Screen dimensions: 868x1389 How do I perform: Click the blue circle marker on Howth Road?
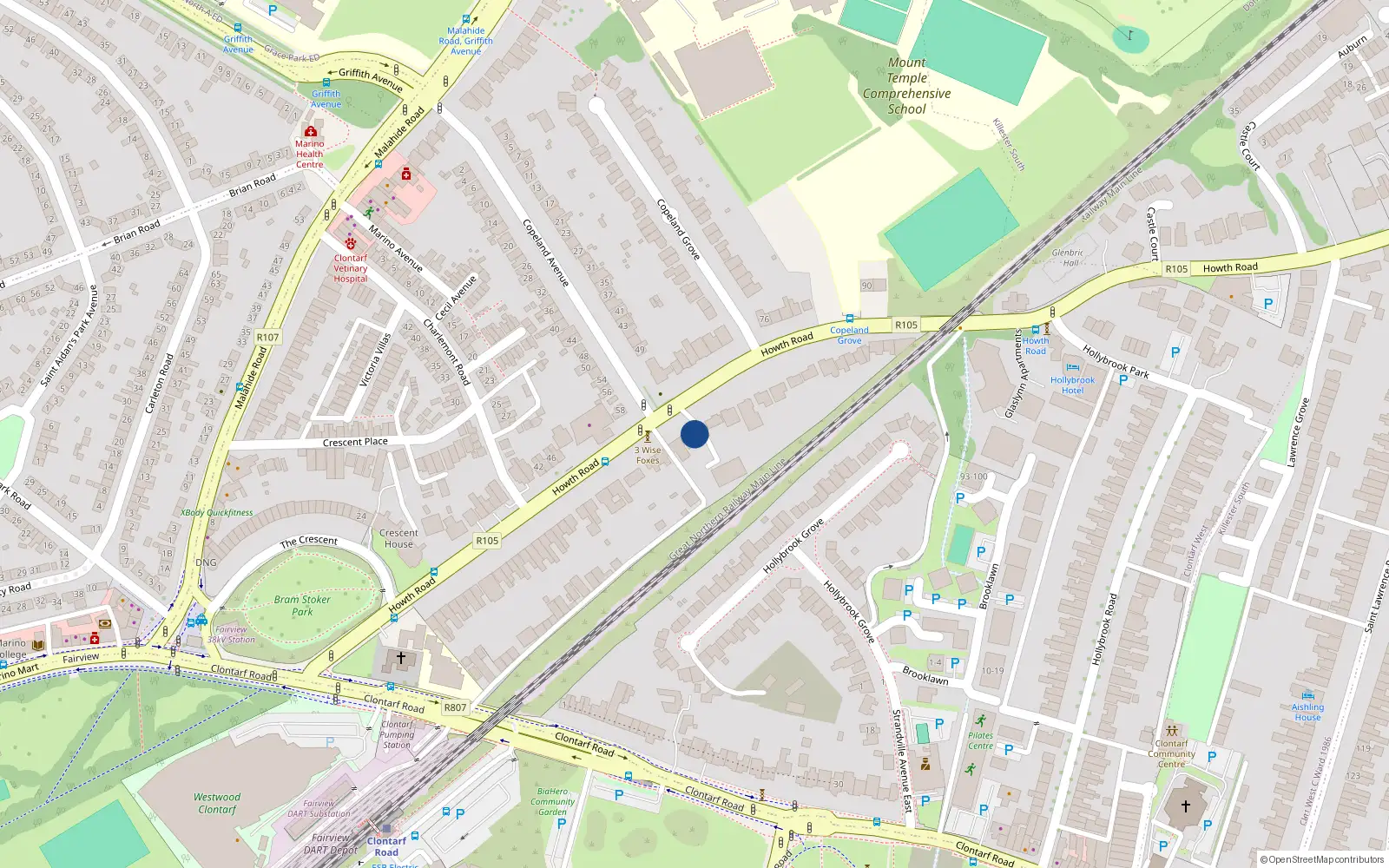694,434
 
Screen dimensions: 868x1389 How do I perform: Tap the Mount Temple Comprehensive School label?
906,86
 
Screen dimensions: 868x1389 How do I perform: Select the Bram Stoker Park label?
302,605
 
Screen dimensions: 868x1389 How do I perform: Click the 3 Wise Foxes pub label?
648,455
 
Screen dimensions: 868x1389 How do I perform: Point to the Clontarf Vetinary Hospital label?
351,268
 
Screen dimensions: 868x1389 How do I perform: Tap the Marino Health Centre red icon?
311,132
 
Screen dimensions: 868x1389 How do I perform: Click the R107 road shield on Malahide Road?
268,337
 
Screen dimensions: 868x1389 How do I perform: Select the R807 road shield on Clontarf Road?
455,707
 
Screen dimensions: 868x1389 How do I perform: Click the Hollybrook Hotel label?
1072,385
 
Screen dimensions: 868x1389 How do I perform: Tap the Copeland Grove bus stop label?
849,335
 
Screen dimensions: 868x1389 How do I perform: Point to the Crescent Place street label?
355,442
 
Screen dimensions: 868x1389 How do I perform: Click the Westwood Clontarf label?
217,803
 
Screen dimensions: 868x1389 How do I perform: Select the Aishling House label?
1307,712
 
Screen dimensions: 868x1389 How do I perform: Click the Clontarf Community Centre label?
1171,753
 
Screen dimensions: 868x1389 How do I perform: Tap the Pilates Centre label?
980,740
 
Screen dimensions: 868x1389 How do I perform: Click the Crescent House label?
398,538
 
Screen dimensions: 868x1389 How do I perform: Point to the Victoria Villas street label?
375,359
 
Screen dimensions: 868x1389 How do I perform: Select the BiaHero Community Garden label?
552,801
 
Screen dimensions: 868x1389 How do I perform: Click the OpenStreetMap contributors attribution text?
1322,859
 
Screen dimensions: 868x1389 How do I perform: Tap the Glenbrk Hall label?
1067,258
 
